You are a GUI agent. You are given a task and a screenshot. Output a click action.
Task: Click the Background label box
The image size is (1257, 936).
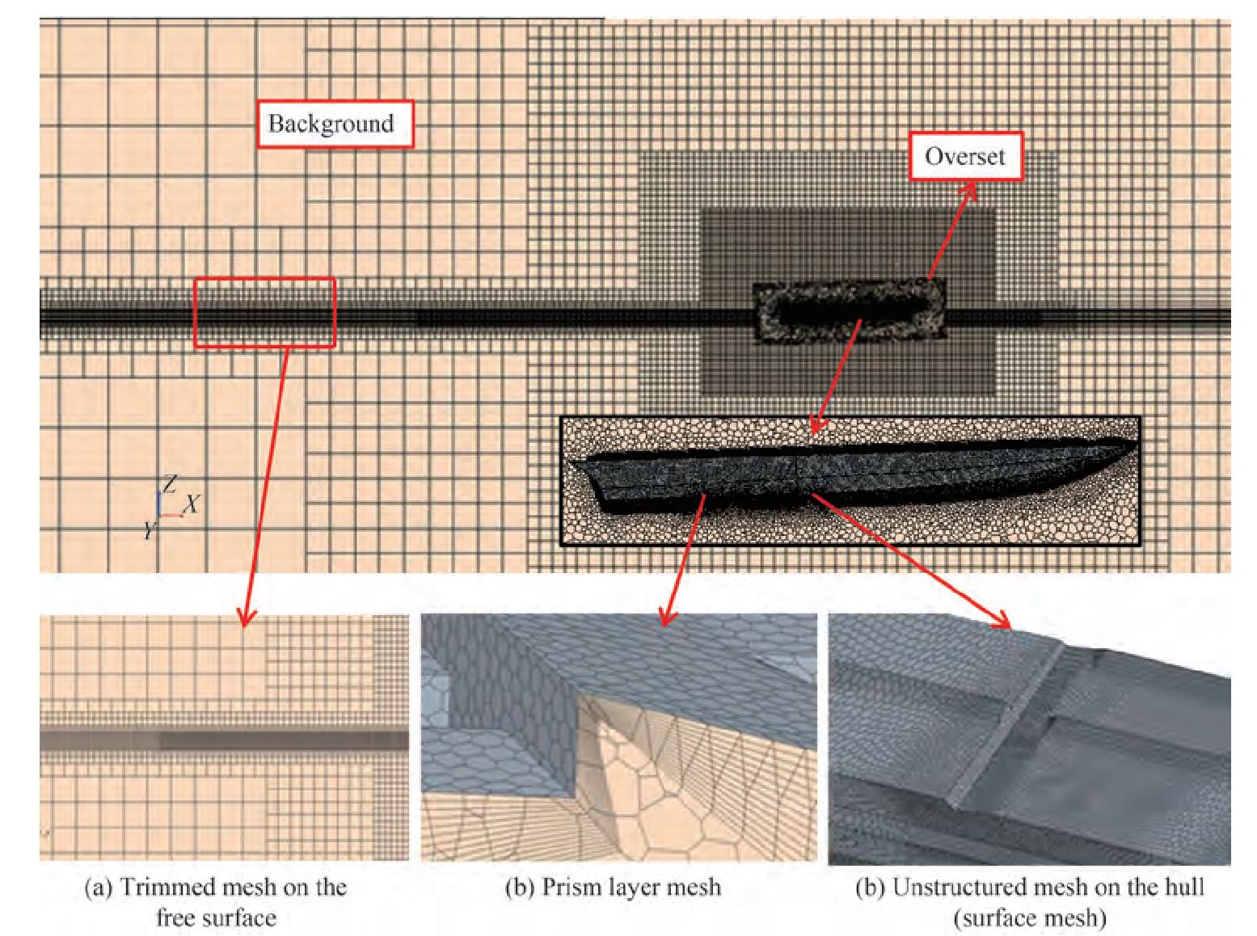coord(335,124)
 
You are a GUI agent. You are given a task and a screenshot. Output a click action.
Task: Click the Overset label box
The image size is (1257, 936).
coord(966,157)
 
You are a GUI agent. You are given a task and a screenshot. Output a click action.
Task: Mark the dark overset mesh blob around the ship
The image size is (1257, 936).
coord(849,312)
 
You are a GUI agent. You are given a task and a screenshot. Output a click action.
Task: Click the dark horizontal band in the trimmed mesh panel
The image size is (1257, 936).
coord(224,740)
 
